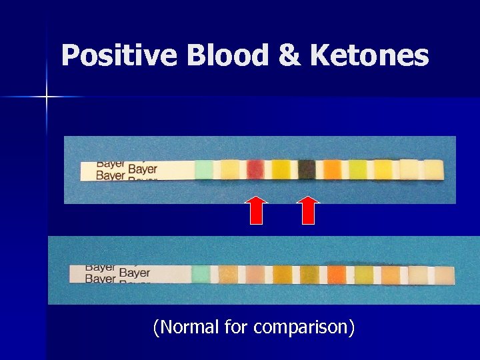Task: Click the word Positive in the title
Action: [119, 56]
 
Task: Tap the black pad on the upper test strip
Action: [307, 170]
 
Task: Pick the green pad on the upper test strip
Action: [204, 171]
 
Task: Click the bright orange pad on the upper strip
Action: [332, 170]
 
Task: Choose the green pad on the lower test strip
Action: [201, 274]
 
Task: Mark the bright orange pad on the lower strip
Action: [337, 274]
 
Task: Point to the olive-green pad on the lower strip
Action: [309, 274]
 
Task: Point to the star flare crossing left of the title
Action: [47, 97]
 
